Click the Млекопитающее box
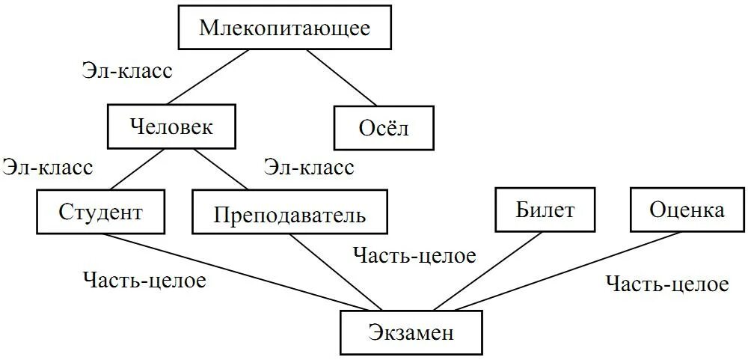point(285,29)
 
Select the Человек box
point(171,126)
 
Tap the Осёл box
point(384,128)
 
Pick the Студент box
point(100,212)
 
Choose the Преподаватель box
point(290,213)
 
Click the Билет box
point(545,210)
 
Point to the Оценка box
point(687,210)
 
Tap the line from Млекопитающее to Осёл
point(340,79)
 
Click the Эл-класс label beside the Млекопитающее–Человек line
point(126,72)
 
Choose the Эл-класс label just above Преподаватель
point(308,168)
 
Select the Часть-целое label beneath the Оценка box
point(666,284)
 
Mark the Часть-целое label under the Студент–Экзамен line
point(144,281)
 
